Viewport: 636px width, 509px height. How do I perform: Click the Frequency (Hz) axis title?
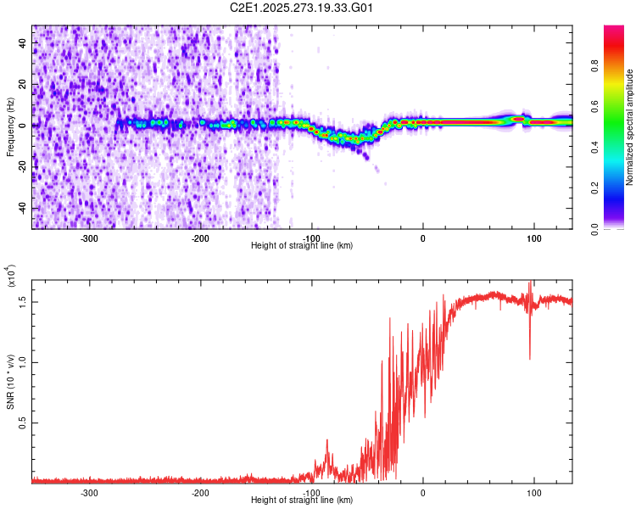[10, 126]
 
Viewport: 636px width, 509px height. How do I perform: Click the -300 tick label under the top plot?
[90, 238]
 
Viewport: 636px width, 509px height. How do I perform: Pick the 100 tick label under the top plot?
[534, 238]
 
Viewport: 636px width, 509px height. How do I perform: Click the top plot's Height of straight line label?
[302, 246]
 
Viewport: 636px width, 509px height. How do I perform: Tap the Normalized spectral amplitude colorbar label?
[630, 127]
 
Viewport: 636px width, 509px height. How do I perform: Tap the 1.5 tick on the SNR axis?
[22, 300]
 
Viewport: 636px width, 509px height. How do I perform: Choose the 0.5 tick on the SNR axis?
[22, 422]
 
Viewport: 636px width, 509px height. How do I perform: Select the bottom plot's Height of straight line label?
[302, 501]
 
